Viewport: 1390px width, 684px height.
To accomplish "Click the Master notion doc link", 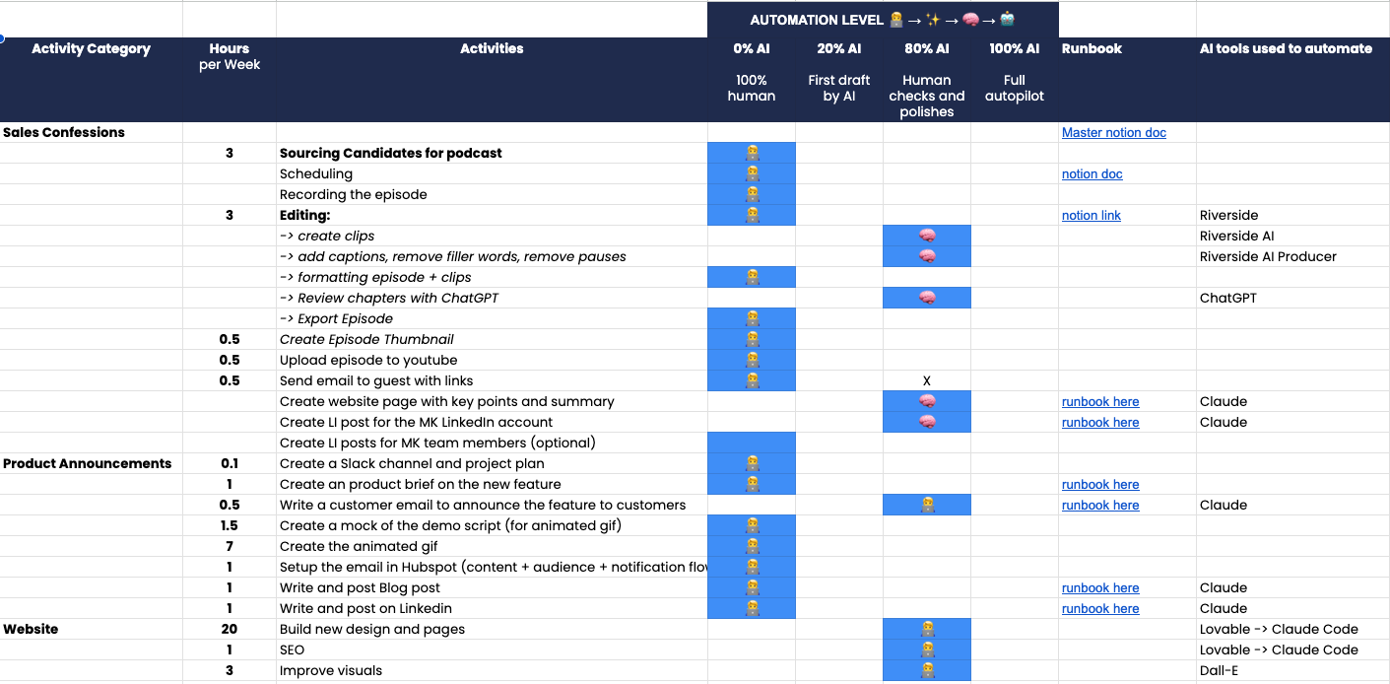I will [x=1113, y=133].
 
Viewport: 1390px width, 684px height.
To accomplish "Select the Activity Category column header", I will [x=91, y=49].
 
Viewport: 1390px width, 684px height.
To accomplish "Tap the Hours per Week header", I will [x=229, y=56].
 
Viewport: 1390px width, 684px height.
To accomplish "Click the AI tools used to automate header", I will [x=1285, y=49].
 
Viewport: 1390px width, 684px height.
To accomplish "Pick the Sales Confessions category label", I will [x=64, y=133].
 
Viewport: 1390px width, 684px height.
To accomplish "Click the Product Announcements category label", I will [x=87, y=464].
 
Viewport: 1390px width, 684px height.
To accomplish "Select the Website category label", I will [x=31, y=630].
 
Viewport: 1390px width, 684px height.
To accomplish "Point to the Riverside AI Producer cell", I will [x=1268, y=257].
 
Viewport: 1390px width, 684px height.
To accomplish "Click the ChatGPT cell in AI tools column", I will [x=1227, y=299].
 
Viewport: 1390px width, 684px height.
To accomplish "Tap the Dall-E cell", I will [x=1219, y=671].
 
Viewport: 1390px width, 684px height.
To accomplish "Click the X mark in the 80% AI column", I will [x=926, y=381].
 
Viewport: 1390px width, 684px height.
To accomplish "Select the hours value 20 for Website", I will [x=229, y=630].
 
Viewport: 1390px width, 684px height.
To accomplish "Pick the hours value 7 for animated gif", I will [x=229, y=547].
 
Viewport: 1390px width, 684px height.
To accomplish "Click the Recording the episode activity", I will [x=353, y=195].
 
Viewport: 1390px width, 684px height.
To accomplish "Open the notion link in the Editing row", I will [x=1091, y=216].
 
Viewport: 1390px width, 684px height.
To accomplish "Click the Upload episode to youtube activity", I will [x=367, y=361].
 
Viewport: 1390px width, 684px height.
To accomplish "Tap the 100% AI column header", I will [x=1014, y=49].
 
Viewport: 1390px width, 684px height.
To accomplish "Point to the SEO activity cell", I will [x=292, y=650].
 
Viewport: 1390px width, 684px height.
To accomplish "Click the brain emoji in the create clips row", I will [x=926, y=237].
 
